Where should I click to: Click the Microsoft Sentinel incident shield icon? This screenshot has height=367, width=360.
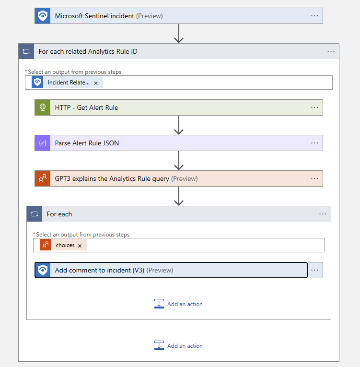pyautogui.click(x=43, y=16)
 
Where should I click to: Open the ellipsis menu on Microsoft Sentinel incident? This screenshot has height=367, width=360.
pyautogui.click(x=314, y=16)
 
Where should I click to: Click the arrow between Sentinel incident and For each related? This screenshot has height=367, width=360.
pyautogui.click(x=179, y=34)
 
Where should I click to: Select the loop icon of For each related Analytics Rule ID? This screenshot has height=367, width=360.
pyautogui.click(x=26, y=51)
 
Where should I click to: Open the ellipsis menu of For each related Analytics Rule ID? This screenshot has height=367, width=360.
pyautogui.click(x=331, y=51)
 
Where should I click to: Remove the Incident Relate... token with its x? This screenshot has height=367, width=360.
pyautogui.click(x=96, y=83)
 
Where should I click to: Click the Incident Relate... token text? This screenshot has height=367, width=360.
pyautogui.click(x=68, y=83)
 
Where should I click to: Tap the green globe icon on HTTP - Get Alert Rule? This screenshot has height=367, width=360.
pyautogui.click(x=43, y=107)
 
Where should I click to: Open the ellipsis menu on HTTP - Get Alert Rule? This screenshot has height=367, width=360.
pyautogui.click(x=314, y=107)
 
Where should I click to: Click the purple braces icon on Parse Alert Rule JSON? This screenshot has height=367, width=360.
pyautogui.click(x=43, y=143)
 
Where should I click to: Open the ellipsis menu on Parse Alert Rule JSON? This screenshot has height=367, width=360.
pyautogui.click(x=314, y=143)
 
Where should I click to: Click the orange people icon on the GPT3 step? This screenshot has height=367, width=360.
pyautogui.click(x=43, y=178)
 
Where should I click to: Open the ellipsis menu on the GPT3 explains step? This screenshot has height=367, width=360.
pyautogui.click(x=314, y=178)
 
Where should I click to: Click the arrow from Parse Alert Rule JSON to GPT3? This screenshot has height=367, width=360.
pyautogui.click(x=179, y=161)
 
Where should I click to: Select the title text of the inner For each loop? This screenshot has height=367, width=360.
pyautogui.click(x=59, y=214)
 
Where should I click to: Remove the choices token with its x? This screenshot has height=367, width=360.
pyautogui.click(x=80, y=246)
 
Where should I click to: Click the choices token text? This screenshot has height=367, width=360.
pyautogui.click(x=65, y=245)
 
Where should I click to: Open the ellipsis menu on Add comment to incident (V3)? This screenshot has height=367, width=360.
pyautogui.click(x=314, y=270)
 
